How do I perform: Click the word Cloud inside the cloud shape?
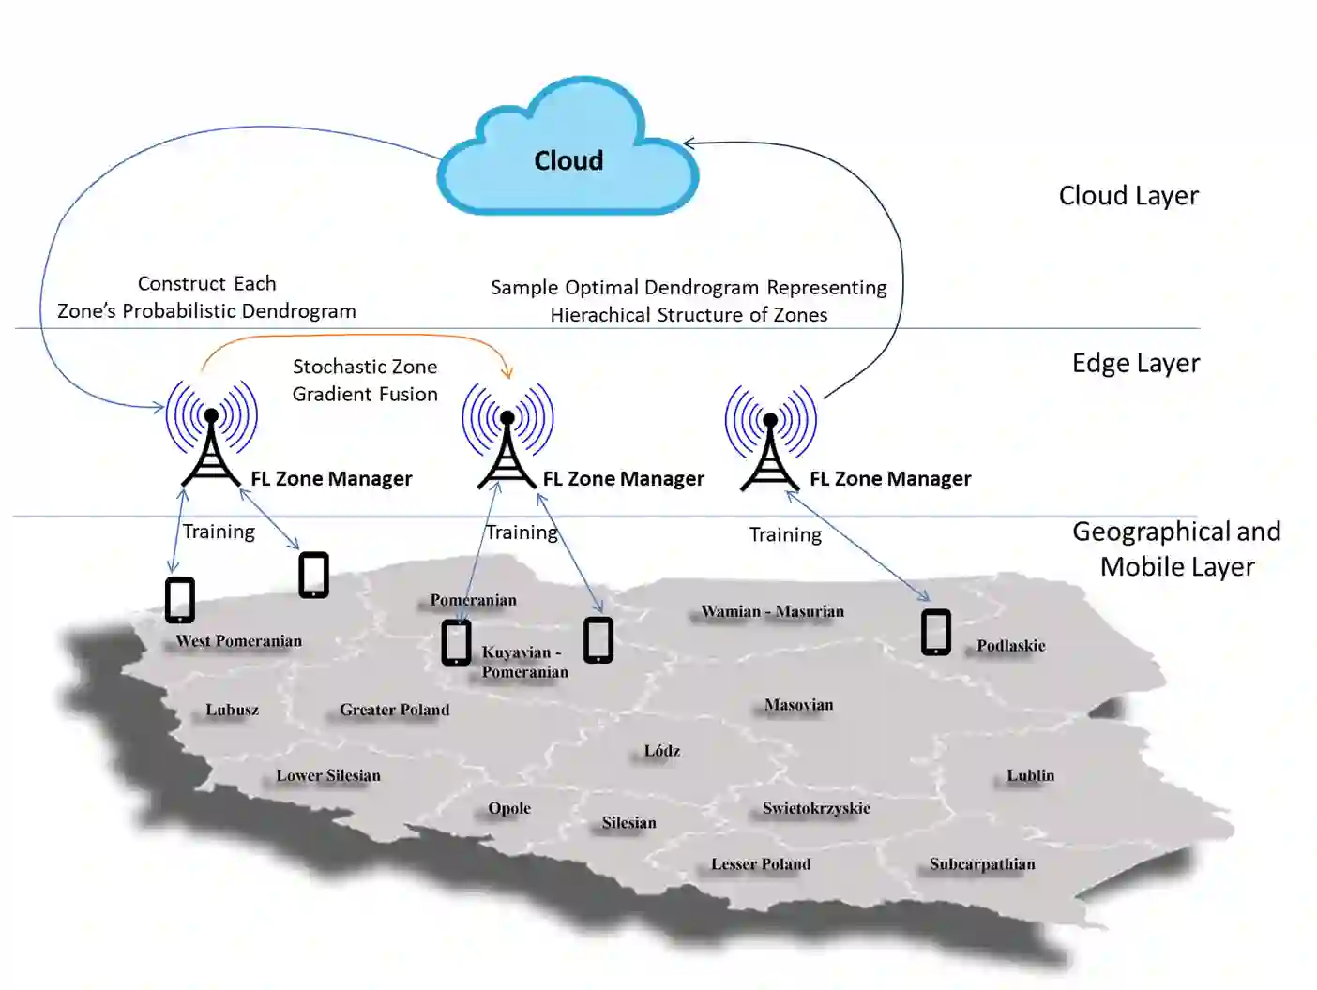pyautogui.click(x=568, y=160)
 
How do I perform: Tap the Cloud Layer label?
pyautogui.click(x=1128, y=195)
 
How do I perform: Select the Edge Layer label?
pyautogui.click(x=1135, y=363)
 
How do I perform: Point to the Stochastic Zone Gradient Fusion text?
pyautogui.click(x=365, y=380)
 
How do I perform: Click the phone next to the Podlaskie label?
pyautogui.click(x=935, y=632)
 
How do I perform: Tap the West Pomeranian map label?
pyautogui.click(x=239, y=641)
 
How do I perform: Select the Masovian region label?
pyautogui.click(x=798, y=705)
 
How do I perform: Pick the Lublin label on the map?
pyautogui.click(x=1030, y=775)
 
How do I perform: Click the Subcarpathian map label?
pyautogui.click(x=982, y=864)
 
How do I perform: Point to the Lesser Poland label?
pyautogui.click(x=761, y=864)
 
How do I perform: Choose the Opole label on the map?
pyautogui.click(x=509, y=808)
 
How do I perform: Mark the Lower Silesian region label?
pyautogui.click(x=328, y=775)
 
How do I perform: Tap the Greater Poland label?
pyautogui.click(x=395, y=710)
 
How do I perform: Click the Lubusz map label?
pyautogui.click(x=232, y=710)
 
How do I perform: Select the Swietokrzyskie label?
pyautogui.click(x=816, y=808)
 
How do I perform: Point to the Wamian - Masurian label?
pyautogui.click(x=772, y=611)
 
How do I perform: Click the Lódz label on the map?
pyautogui.click(x=661, y=751)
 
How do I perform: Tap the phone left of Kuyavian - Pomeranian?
pyautogui.click(x=456, y=643)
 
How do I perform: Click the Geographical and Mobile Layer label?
pyautogui.click(x=1176, y=548)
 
